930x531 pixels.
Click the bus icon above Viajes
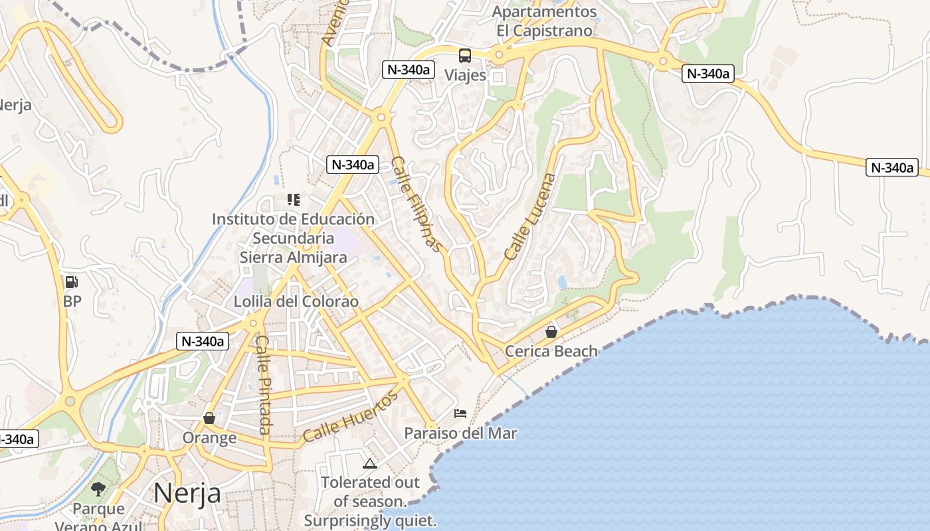point(465,56)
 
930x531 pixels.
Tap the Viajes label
point(465,75)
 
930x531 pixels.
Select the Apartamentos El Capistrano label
point(544,21)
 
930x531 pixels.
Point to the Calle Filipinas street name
point(417,204)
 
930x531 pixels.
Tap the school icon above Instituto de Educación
point(293,200)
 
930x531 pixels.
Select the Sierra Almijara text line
point(293,258)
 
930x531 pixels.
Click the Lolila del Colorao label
point(296,301)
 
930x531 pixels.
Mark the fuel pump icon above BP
point(72,282)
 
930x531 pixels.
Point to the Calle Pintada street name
point(264,385)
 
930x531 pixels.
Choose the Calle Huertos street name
point(350,417)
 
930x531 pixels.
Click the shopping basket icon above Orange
point(209,418)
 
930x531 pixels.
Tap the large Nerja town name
point(187,493)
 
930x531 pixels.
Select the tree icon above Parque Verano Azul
point(98,490)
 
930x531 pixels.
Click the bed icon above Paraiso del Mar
point(460,414)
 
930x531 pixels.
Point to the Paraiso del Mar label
point(460,433)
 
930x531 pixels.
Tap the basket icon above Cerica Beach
point(551,332)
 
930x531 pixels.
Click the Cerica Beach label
point(551,351)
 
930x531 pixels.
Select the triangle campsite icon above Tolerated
point(370,463)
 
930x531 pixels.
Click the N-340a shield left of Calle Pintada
point(203,342)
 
